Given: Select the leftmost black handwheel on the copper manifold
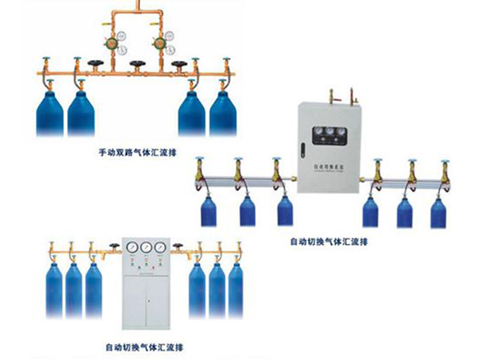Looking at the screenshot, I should (98, 65).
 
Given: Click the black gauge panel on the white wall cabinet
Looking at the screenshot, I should (325, 132).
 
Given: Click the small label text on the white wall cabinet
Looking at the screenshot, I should (325, 166).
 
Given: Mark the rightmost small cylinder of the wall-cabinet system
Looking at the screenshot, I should (438, 211).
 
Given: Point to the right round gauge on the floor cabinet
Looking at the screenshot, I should (162, 248).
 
